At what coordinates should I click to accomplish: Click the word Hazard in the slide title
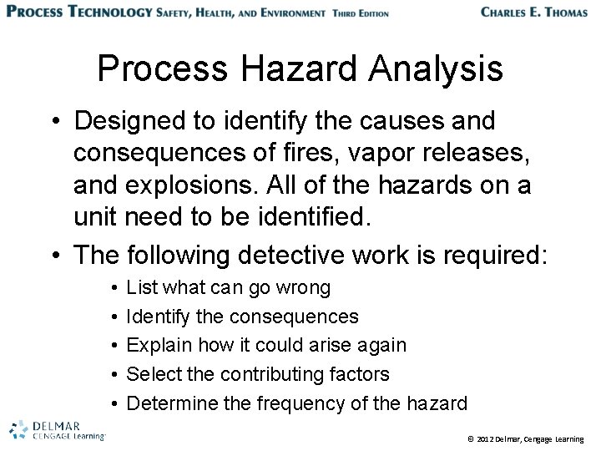275,70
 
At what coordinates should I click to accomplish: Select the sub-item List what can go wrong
229,288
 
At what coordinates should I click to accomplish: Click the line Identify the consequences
243,317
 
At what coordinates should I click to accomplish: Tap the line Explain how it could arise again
266,346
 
